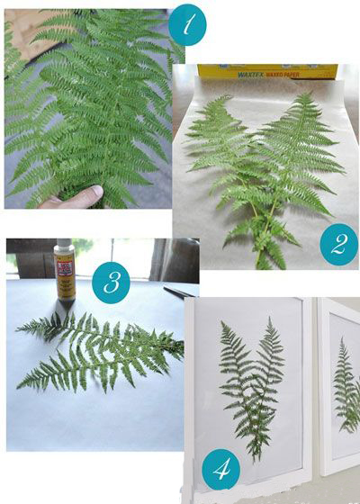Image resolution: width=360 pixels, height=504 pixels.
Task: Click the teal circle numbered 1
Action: [187, 27]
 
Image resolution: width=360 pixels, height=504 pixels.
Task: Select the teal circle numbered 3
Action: [110, 283]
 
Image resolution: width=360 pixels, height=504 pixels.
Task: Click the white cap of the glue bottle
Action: [64, 244]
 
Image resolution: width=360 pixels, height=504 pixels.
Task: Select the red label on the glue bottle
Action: [64, 265]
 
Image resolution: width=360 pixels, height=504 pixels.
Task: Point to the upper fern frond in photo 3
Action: [99, 333]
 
